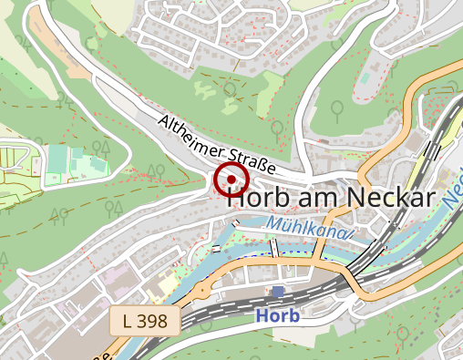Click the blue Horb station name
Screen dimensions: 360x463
pos(278,316)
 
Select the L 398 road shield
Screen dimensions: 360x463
pos(144,320)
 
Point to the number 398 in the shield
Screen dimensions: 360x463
pos(151,320)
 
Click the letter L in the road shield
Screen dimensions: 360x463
pos(127,320)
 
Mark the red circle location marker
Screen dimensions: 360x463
pos(231,180)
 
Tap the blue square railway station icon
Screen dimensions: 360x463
pos(278,292)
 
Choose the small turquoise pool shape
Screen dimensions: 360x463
pos(364,81)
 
